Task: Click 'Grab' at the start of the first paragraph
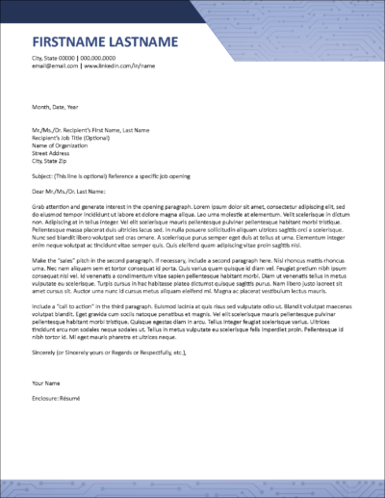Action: (x=38, y=205)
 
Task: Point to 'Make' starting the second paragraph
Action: (x=39, y=261)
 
